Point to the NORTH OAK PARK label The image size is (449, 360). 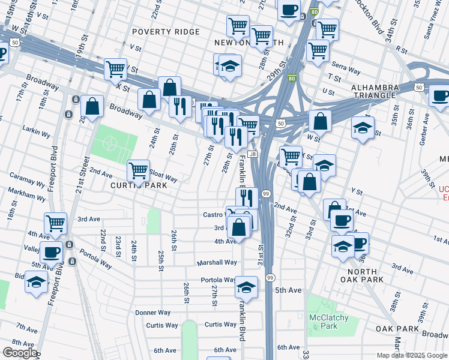(x=362, y=275)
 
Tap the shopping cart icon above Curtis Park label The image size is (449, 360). (x=139, y=170)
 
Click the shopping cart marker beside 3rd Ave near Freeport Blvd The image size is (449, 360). (x=55, y=223)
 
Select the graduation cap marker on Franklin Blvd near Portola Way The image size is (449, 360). (x=246, y=287)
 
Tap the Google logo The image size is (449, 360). (x=20, y=353)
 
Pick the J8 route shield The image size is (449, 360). (x=253, y=154)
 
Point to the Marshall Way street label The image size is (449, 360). (x=217, y=262)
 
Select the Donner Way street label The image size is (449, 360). (x=153, y=313)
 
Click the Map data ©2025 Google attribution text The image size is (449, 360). (x=411, y=355)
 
